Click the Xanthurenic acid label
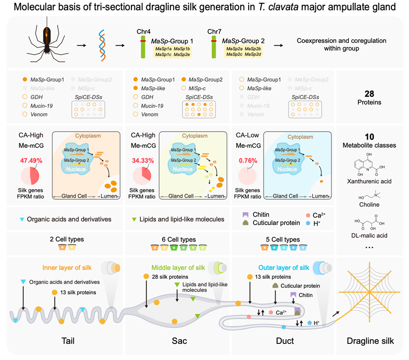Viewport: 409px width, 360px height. coord(370,181)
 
